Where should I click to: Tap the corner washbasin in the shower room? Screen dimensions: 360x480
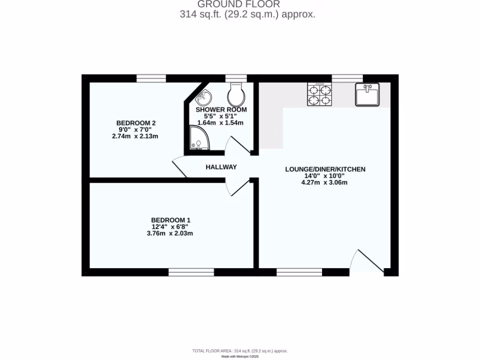[x=203, y=98]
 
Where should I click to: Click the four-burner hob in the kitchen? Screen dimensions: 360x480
[x=320, y=94]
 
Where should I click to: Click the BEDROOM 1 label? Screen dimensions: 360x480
[x=171, y=220]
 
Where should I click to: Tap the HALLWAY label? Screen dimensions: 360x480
[x=221, y=167]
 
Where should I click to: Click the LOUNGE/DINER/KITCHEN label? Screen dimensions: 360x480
[x=325, y=169]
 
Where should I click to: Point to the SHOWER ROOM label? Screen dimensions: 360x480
[x=221, y=110]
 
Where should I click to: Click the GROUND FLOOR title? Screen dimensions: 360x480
[x=239, y=5]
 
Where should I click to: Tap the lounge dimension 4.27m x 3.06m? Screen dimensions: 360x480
[x=325, y=182]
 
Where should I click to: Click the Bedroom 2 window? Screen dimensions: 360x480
[x=151, y=78]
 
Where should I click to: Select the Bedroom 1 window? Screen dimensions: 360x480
[x=191, y=272]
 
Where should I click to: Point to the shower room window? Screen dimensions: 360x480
[x=236, y=78]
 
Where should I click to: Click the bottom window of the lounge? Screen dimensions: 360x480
[x=299, y=272]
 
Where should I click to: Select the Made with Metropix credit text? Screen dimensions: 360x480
[x=240, y=356]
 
